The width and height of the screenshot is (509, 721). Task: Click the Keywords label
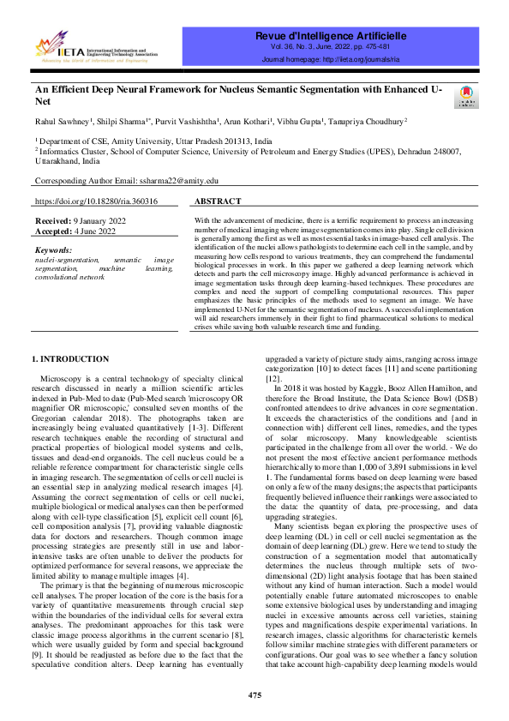pos(57,249)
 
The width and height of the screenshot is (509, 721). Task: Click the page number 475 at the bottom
pos(254,694)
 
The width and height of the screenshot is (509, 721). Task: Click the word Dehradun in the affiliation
pos(400,151)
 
